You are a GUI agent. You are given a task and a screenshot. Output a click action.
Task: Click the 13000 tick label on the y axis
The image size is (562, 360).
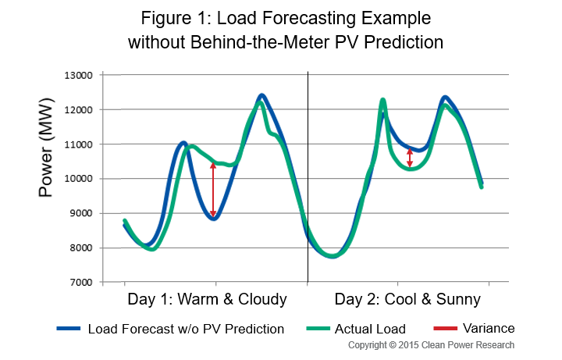(x=78, y=76)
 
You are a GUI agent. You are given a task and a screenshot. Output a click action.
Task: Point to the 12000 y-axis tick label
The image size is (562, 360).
(x=78, y=110)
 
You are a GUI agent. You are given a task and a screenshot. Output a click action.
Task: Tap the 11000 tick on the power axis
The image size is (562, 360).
(x=78, y=144)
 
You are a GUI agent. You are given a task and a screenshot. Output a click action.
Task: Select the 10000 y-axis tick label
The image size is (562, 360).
(x=78, y=179)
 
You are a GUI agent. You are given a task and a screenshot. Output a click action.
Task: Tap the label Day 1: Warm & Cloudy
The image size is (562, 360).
(x=206, y=299)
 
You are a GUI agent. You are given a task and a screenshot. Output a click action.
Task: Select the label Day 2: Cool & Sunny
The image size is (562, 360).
(x=407, y=299)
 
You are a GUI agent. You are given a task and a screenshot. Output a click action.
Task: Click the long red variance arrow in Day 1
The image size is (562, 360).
(x=213, y=190)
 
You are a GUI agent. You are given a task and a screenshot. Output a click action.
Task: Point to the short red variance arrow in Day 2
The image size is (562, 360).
(x=411, y=158)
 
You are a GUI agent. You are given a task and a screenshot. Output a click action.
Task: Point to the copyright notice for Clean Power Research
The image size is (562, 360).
(x=431, y=344)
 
